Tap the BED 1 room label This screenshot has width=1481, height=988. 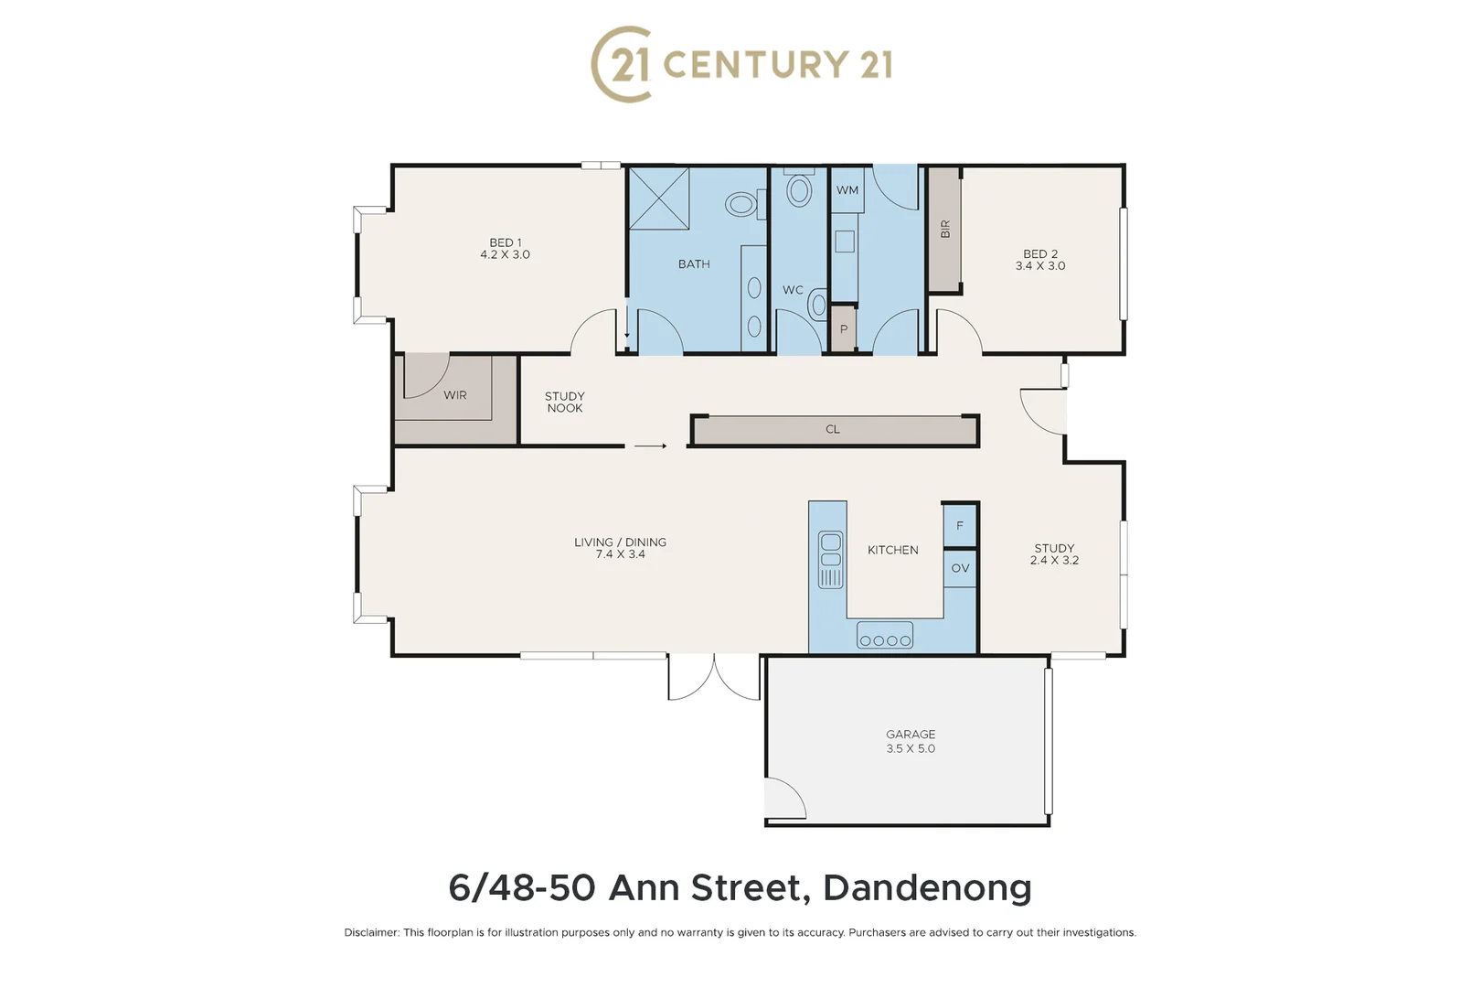[x=506, y=242]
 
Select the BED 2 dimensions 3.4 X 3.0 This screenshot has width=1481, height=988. [x=1040, y=266]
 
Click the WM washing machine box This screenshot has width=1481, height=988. [x=847, y=190]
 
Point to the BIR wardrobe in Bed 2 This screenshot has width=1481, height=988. [x=944, y=230]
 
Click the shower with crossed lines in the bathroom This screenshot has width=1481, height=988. [x=659, y=199]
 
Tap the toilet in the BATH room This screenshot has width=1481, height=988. [x=743, y=204]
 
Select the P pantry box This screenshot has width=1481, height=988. [x=843, y=329]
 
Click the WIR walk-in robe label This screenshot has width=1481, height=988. [x=455, y=395]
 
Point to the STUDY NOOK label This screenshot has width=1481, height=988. [x=565, y=403]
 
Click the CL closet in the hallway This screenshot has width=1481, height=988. [x=833, y=429]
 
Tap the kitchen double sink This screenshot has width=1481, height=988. [x=831, y=559]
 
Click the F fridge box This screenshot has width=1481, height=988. [x=960, y=526]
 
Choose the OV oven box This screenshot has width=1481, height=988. [x=960, y=568]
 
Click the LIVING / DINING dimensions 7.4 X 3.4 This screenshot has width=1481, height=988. [x=621, y=554]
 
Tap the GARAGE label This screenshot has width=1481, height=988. [x=911, y=734]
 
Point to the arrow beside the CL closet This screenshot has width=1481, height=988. [x=650, y=446]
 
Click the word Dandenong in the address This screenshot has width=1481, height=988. [x=927, y=887]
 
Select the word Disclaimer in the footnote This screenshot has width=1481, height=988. [x=371, y=933]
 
